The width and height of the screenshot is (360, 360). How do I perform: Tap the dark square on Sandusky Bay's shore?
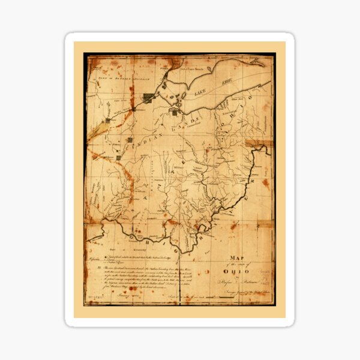tap(175, 111)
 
